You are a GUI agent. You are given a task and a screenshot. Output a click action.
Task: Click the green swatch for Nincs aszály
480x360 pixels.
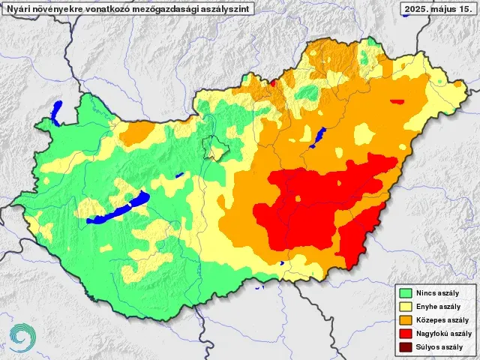[406, 293]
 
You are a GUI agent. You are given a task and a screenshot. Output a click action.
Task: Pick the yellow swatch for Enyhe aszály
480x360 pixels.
[406, 307]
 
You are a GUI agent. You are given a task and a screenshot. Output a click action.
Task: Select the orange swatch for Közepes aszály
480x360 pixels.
[406, 320]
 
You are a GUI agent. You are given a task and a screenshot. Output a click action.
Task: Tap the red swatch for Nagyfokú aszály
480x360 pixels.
[406, 334]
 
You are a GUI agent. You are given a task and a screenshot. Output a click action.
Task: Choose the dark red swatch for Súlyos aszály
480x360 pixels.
[406, 347]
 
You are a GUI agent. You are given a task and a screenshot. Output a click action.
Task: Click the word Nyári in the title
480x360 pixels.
[19, 8]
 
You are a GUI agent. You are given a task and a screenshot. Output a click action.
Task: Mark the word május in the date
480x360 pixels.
[444, 8]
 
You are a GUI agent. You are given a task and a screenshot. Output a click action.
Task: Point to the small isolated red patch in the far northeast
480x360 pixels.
[397, 101]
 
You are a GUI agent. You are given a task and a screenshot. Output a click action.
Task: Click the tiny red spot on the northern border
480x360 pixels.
[274, 82]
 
